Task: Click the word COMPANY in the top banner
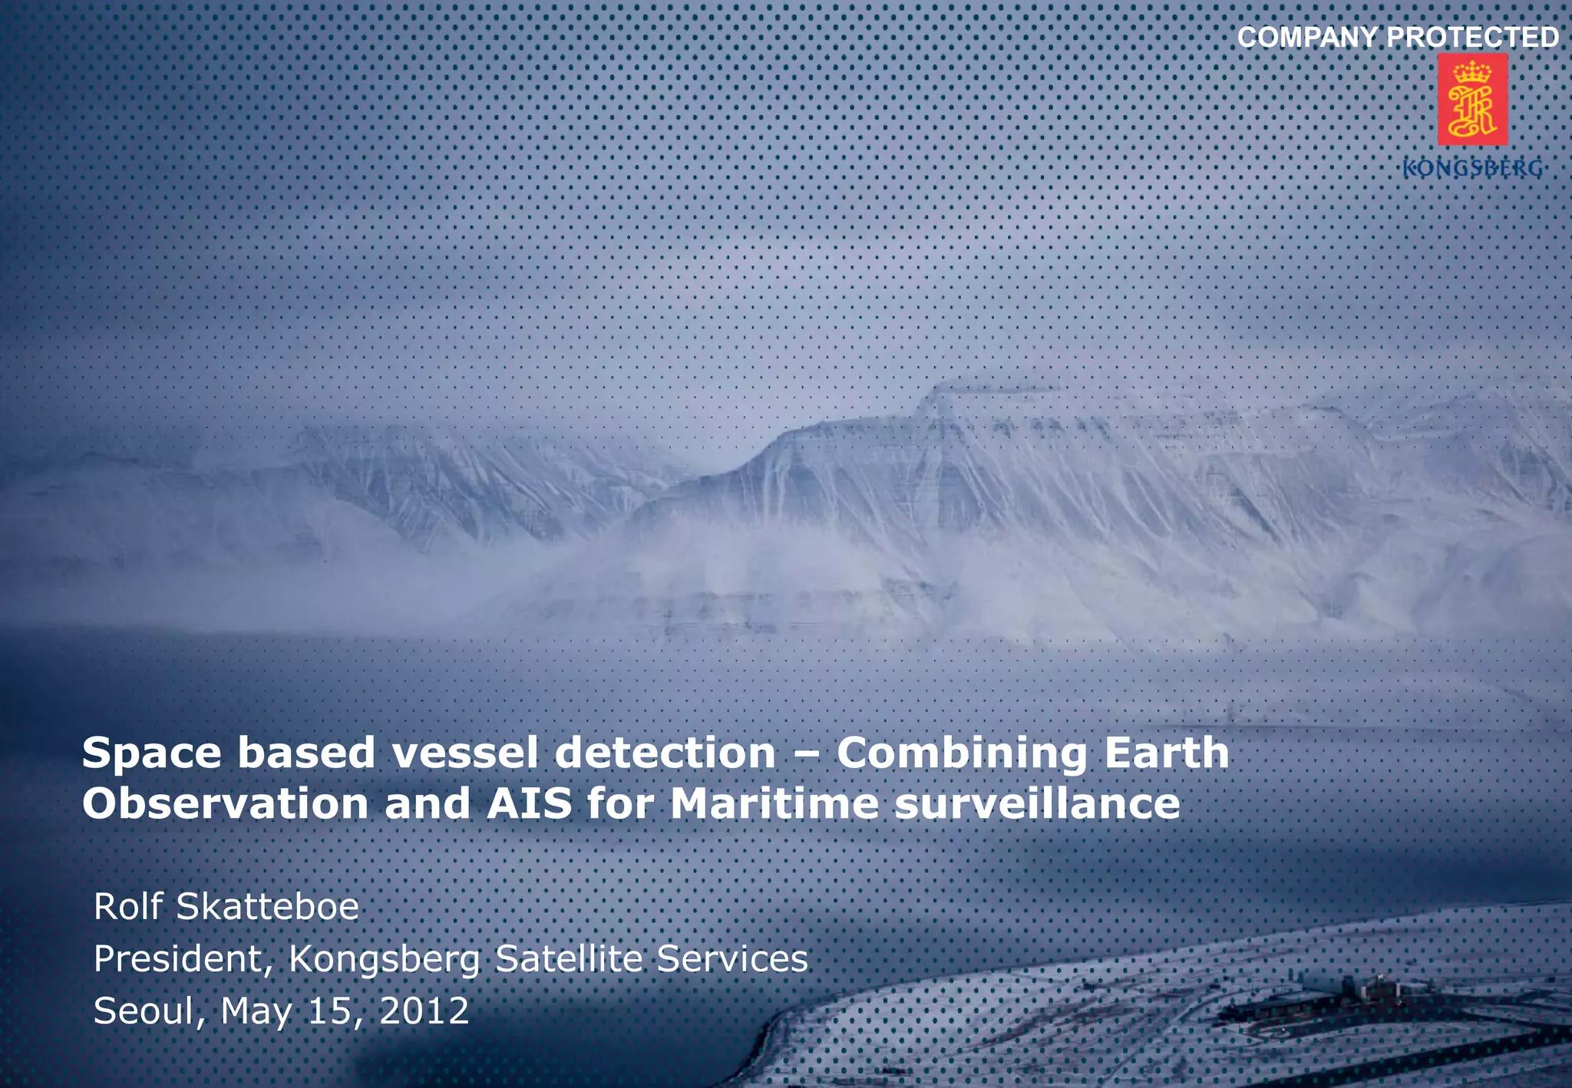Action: [1306, 38]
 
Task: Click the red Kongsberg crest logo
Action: [1472, 100]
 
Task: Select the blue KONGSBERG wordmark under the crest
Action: [1472, 168]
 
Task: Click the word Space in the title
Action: [152, 753]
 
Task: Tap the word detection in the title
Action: [665, 753]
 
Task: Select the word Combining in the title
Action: [962, 753]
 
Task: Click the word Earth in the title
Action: [1167, 753]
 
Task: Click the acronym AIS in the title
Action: [530, 805]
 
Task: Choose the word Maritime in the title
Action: [774, 805]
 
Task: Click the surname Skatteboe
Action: [268, 907]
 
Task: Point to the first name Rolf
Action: [128, 907]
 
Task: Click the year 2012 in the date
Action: [424, 1011]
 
